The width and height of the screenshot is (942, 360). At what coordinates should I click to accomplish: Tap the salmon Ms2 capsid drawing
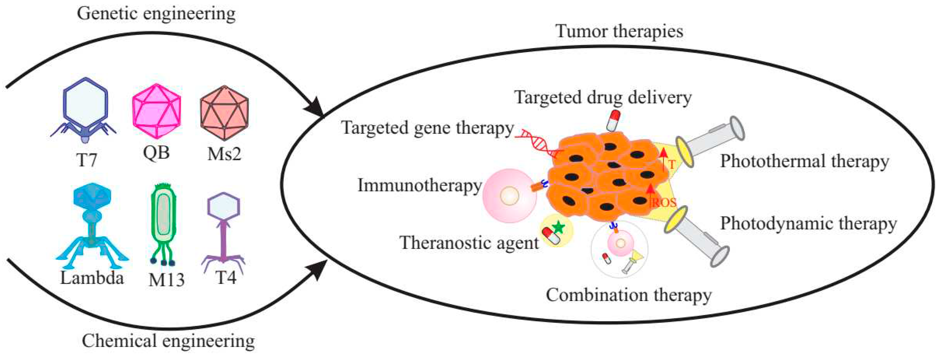pyautogui.click(x=224, y=113)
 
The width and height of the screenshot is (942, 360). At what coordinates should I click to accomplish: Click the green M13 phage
pyautogui.click(x=163, y=223)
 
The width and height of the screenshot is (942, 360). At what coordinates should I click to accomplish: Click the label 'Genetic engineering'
pyautogui.click(x=156, y=14)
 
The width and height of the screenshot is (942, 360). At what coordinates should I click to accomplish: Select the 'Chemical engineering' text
pyautogui.click(x=168, y=341)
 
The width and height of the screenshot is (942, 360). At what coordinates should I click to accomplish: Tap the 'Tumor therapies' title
pyautogui.click(x=619, y=31)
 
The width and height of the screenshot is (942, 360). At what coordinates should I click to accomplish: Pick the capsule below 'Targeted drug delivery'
pyautogui.click(x=613, y=120)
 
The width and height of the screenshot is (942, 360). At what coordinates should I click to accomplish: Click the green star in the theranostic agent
pyautogui.click(x=558, y=228)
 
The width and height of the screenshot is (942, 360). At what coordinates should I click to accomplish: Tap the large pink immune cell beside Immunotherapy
pyautogui.click(x=509, y=196)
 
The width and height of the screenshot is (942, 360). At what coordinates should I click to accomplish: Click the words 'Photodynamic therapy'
pyautogui.click(x=808, y=223)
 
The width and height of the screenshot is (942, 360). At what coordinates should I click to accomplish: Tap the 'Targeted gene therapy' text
pyautogui.click(x=427, y=128)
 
